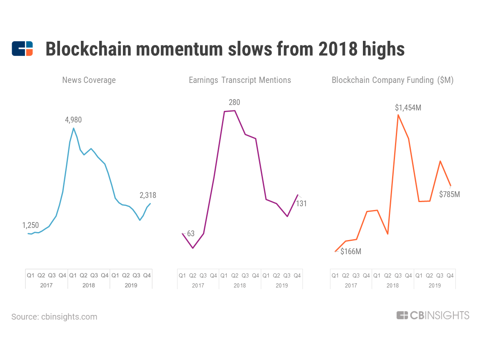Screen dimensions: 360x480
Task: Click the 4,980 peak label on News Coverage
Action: (x=73, y=120)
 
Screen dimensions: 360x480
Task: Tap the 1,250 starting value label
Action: (x=30, y=225)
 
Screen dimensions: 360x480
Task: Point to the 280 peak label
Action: (x=234, y=102)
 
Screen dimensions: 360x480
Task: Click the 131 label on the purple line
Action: (x=301, y=203)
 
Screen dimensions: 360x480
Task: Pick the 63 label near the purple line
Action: (x=191, y=234)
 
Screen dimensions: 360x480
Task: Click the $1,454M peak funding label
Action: (x=408, y=108)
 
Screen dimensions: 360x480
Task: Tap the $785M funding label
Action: (x=450, y=194)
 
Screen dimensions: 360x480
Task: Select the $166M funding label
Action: (x=351, y=252)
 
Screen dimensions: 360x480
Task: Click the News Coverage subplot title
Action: (x=89, y=80)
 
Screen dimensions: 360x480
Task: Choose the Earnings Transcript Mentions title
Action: (x=240, y=80)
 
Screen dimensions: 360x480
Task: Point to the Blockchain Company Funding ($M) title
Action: (x=392, y=80)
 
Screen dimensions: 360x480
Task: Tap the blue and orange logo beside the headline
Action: (x=22, y=49)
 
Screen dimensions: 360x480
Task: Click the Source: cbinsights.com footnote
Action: (x=54, y=317)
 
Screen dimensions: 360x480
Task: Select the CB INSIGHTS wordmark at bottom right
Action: (x=433, y=315)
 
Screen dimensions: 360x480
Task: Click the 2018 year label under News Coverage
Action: (x=89, y=285)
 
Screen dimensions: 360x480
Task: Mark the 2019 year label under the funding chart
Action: (x=435, y=285)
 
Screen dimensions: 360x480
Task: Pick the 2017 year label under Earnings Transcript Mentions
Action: (x=198, y=285)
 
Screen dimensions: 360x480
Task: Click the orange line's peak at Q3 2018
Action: (x=398, y=115)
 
